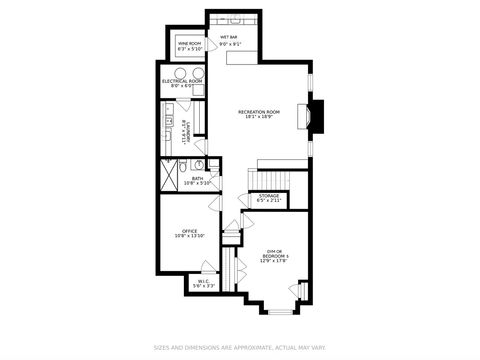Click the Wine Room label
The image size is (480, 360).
(190, 42)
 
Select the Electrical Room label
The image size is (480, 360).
(182, 81)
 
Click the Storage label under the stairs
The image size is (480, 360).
(269, 195)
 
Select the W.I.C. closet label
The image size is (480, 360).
(203, 282)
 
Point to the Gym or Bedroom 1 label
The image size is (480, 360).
(275, 253)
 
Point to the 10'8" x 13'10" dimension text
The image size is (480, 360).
(190, 237)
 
